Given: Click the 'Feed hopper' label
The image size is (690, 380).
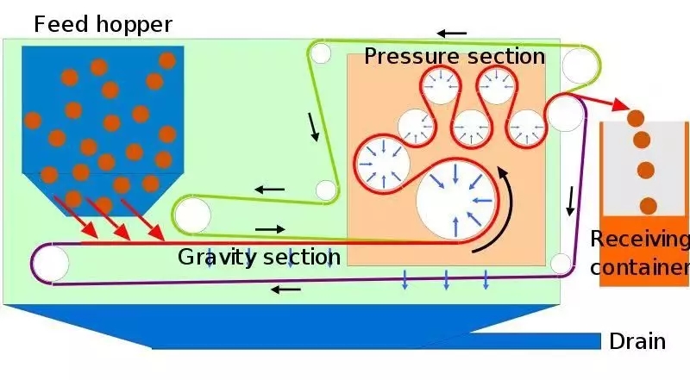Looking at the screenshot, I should click(103, 23).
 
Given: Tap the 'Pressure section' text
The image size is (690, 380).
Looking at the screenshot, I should click(455, 57).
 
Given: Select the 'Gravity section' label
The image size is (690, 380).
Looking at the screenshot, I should click(259, 257).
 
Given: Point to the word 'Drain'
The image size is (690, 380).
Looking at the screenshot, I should click(637, 341).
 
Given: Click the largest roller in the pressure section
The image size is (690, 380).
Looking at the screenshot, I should click(456, 203).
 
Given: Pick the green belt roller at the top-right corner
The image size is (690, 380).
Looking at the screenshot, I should click(580, 65).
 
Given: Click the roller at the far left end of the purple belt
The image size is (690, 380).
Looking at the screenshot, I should click(50, 263).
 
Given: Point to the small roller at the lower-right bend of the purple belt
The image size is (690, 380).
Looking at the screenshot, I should click(561, 263).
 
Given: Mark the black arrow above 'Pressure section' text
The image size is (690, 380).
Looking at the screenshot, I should click(450, 34).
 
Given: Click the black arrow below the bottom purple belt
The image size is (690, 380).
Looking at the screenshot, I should click(286, 290).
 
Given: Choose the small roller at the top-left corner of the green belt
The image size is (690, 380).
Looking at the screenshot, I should click(320, 54).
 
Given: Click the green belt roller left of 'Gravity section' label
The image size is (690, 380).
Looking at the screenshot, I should click(192, 214).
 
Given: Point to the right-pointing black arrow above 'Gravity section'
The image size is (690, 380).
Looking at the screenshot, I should click(269, 229).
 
